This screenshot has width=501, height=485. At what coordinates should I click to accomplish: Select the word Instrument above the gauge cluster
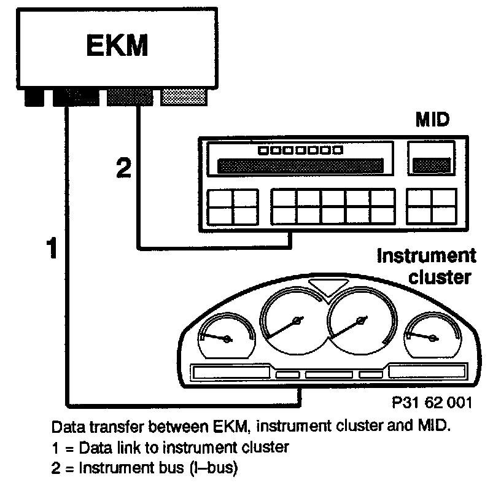[426, 255]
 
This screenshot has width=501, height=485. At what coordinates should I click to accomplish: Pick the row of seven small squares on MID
[300, 149]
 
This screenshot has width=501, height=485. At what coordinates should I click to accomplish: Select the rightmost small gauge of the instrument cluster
[430, 336]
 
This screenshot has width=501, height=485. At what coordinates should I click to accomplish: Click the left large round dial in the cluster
[293, 319]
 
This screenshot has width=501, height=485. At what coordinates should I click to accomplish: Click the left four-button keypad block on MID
[231, 206]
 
